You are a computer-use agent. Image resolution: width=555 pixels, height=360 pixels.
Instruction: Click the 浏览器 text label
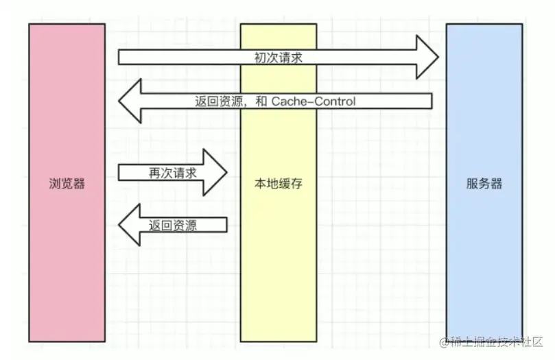[67, 183]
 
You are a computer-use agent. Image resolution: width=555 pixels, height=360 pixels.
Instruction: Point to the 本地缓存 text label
[278, 183]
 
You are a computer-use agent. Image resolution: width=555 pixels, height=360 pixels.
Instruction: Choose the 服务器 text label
[484, 183]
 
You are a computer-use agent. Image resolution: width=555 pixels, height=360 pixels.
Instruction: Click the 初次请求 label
[278, 58]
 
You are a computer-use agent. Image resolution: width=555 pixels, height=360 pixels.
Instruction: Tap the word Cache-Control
[314, 101]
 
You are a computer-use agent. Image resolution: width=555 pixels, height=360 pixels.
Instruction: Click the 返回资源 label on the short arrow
[173, 225]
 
